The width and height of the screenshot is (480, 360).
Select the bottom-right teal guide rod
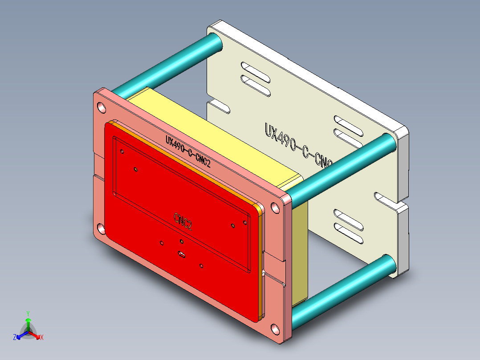click(x=343, y=285)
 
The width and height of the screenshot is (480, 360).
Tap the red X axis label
click(x=42, y=337)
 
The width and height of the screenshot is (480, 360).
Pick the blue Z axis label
click(x=15, y=337)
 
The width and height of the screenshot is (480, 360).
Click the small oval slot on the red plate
click(x=182, y=255)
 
